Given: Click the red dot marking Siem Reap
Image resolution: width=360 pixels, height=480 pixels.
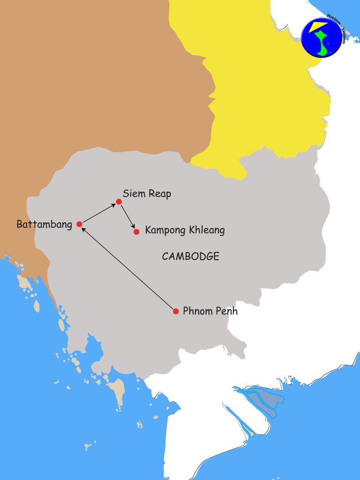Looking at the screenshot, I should tap(119, 202).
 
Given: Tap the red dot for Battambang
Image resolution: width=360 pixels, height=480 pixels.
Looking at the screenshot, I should tap(79, 224).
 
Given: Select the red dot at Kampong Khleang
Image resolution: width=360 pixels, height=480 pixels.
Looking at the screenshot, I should tap(136, 232).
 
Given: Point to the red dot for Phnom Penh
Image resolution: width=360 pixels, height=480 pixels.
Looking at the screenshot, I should tap(176, 311).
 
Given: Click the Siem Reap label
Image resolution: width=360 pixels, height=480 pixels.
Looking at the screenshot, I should tap(147, 194).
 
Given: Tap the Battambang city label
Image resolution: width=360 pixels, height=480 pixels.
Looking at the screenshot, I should tap(45, 225).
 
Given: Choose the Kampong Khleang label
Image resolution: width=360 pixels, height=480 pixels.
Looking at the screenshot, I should tap(185, 230).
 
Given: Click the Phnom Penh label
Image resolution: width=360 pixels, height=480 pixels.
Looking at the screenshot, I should tap(210, 311).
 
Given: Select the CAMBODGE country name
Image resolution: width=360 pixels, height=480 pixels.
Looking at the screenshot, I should tap(191, 256).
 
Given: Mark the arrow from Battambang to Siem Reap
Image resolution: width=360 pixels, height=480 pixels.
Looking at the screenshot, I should tap(99, 213).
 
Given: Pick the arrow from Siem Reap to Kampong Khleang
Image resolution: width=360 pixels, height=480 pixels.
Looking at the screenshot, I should tap(127, 217).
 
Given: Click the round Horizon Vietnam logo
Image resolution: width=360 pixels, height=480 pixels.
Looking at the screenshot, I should tap(322, 37).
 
